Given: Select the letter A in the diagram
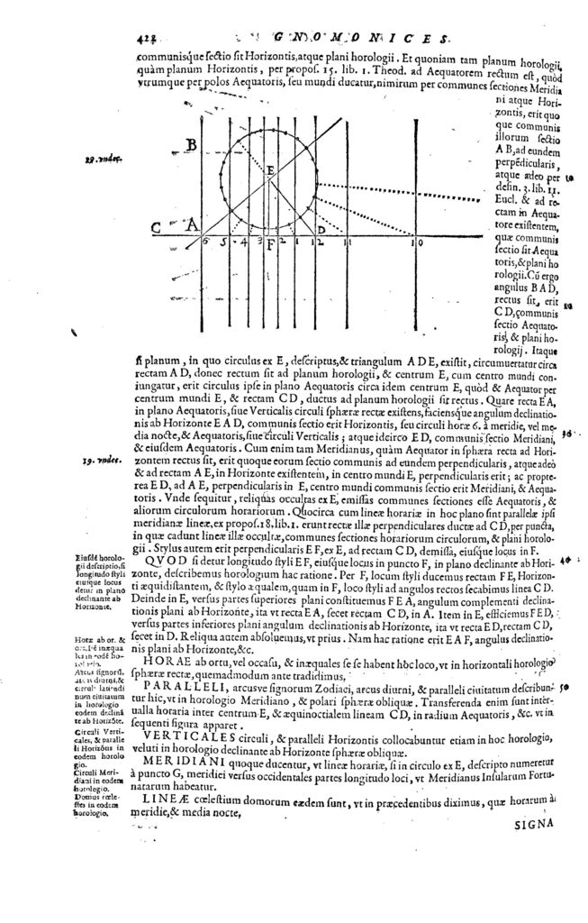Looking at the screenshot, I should coord(192,225).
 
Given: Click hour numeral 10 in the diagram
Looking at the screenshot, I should coord(416,243).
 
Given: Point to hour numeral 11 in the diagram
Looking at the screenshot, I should coord(353,243).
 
